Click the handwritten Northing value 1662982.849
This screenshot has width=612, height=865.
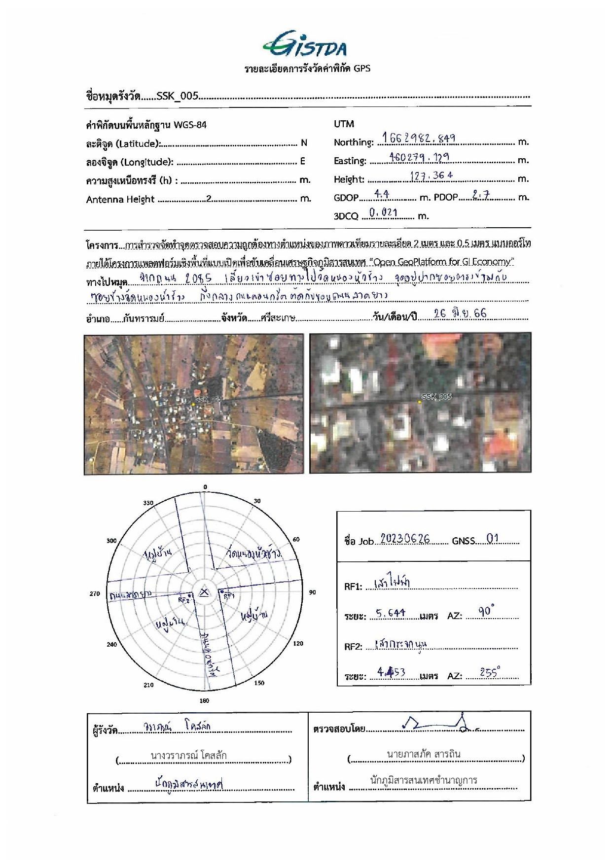pos(419,138)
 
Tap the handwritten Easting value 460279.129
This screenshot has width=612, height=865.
pos(419,157)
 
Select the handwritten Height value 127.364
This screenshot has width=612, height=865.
pos(431,175)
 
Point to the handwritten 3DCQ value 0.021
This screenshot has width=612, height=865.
pos(383,212)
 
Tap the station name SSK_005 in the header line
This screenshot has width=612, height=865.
pos(177,96)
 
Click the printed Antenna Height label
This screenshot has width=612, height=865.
pos(120,200)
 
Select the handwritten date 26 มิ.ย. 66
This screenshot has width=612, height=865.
pos(460,313)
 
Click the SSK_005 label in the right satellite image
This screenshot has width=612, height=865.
pos(436,396)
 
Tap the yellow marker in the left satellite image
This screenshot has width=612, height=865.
pos(193,404)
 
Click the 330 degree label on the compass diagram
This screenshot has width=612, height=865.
pos(148,503)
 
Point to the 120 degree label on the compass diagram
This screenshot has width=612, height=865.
pos(298,643)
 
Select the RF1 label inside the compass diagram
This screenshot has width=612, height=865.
pos(229,596)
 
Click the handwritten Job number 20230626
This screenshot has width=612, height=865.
pos(405,539)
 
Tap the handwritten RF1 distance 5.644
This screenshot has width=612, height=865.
pos(391,613)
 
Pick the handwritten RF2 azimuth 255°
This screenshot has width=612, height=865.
pos(490,672)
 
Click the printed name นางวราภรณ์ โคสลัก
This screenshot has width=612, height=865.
pos(189,755)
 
